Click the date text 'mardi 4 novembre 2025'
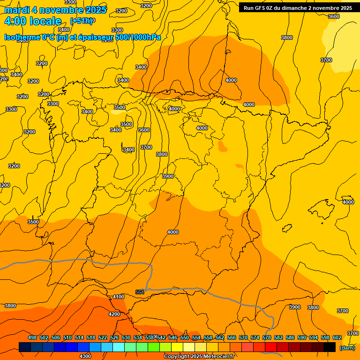pos(55,10)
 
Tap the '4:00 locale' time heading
pos(33,21)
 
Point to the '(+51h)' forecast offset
pos(81,21)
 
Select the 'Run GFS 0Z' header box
pos(298,7)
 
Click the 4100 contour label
pos(119,297)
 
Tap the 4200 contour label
pos(114,314)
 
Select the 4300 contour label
pos(85,356)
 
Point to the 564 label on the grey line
pos(139,292)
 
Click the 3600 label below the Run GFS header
pos(334,16)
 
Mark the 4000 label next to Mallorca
pos(348,202)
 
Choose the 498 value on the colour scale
pos(32,337)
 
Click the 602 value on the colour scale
pos(337,337)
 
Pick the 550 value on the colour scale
pos(185,337)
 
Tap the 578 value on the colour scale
pos(267,337)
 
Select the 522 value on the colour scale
pos(103,337)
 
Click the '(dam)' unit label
pos(347,347)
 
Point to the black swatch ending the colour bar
pos(330,347)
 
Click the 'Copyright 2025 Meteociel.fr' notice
pos(199,356)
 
